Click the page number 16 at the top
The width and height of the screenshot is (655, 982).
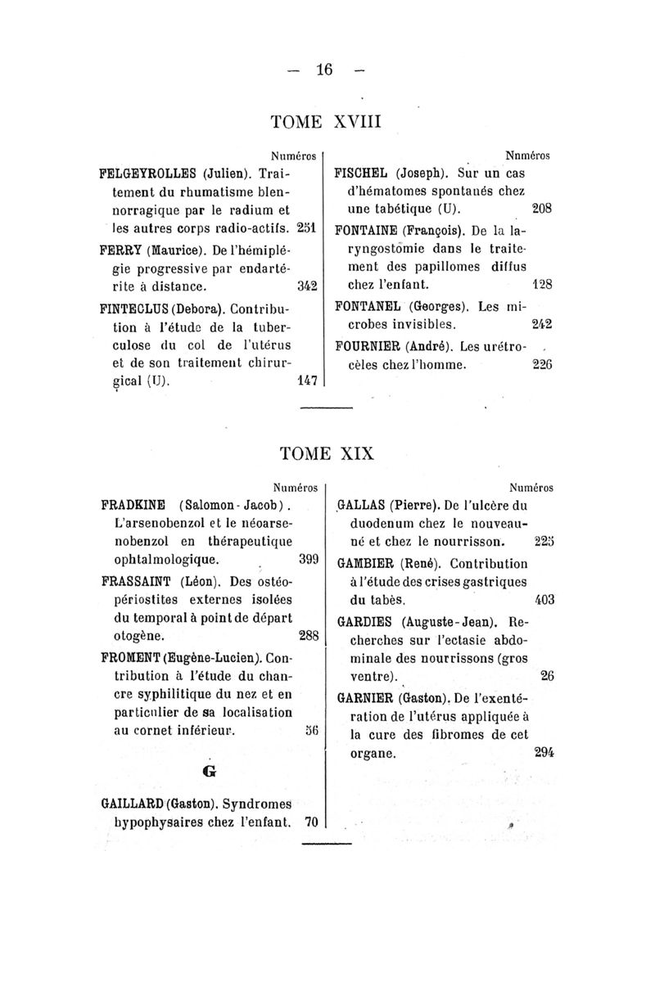[327, 70]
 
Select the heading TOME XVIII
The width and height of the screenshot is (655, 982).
[327, 123]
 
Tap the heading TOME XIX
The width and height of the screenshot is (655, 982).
[327, 453]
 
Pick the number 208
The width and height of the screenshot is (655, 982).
[543, 209]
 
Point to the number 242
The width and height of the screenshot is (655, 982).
[543, 324]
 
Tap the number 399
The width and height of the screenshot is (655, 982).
[307, 561]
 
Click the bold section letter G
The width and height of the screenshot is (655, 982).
[209, 771]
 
